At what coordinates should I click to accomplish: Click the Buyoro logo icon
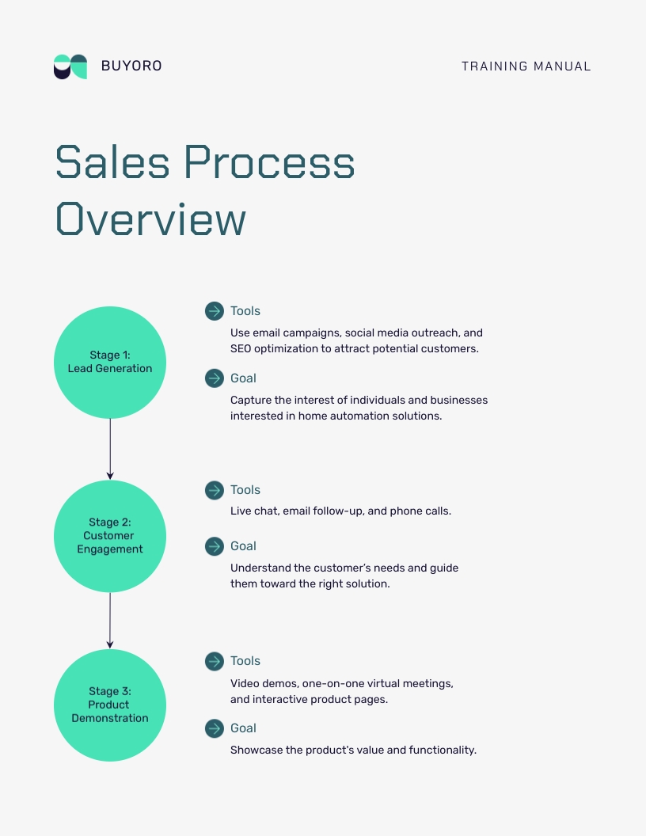pos(70,66)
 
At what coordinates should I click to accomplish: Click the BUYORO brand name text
pos(131,66)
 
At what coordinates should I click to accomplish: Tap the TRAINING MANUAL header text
pos(526,66)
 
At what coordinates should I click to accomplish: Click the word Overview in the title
pos(150,219)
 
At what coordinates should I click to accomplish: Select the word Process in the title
pos(269,162)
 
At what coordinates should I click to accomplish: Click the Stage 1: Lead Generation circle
pos(110,363)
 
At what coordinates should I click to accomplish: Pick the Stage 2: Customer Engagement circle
pos(110,536)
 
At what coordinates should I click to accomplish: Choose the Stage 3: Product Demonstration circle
pos(110,705)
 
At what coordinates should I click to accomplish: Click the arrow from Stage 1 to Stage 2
pos(110,449)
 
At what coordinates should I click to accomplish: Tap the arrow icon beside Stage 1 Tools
pos(215,311)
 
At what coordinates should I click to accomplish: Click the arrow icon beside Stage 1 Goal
pos(215,378)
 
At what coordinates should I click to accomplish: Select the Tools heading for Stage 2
pos(245,490)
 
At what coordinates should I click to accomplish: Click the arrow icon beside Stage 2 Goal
pos(215,546)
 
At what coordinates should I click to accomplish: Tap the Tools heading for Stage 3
pos(245,661)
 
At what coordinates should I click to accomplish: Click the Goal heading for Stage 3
pos(243,728)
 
